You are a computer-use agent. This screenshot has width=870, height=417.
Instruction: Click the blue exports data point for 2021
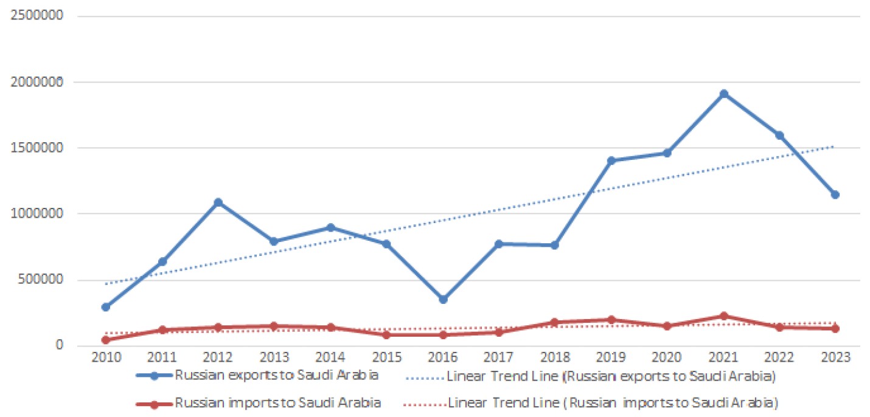(x=724, y=94)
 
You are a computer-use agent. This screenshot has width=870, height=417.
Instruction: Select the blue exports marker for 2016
(x=442, y=300)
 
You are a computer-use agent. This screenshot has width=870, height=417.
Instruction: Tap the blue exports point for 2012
(x=218, y=202)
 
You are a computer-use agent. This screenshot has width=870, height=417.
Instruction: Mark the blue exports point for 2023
(x=835, y=195)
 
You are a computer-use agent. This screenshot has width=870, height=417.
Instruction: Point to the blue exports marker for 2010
(x=106, y=307)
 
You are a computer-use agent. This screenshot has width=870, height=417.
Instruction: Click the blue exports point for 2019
(x=611, y=160)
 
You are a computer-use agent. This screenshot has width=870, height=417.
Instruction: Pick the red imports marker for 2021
(x=724, y=316)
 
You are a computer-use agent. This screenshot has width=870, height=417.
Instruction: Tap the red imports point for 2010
(x=106, y=340)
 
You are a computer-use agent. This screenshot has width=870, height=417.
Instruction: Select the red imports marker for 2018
(x=555, y=322)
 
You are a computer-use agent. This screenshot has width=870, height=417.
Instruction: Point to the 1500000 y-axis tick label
(x=41, y=148)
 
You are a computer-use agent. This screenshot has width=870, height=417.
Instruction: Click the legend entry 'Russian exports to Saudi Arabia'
(x=276, y=376)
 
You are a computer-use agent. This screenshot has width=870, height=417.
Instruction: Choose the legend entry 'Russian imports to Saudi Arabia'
(x=278, y=402)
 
